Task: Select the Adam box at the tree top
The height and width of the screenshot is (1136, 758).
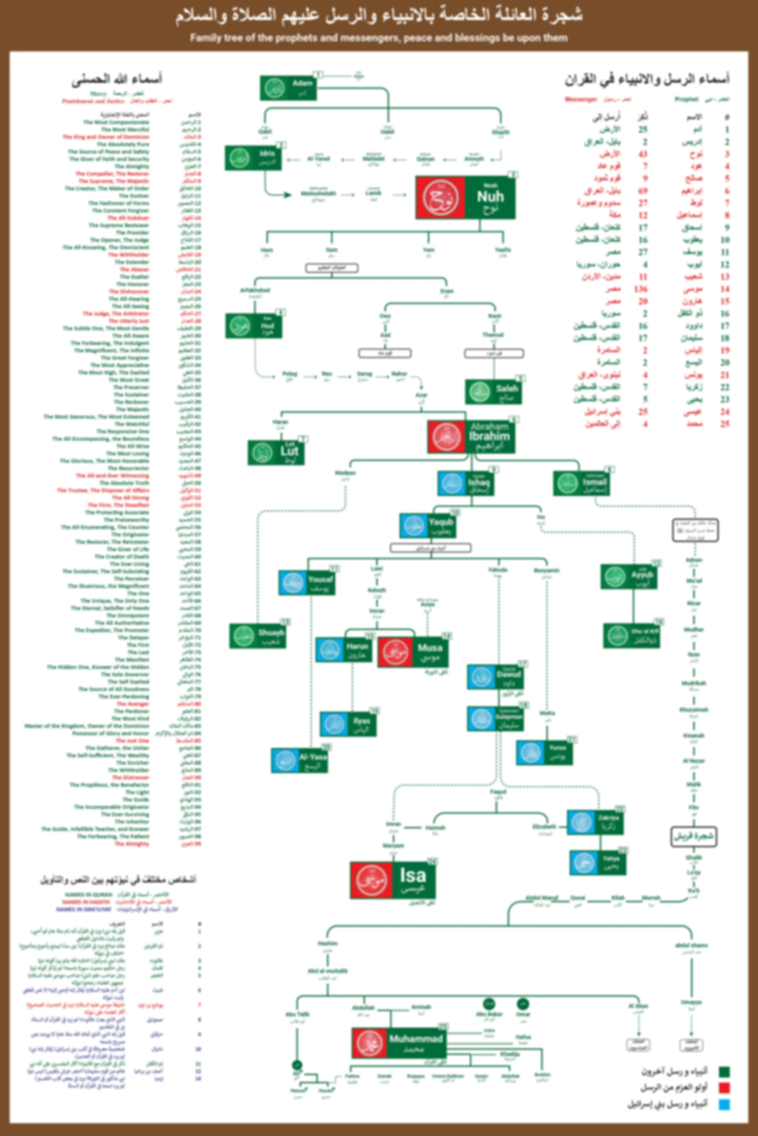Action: coord(288,88)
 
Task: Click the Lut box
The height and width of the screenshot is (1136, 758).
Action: coord(276,453)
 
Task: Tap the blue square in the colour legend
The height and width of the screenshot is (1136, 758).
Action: coord(724,1105)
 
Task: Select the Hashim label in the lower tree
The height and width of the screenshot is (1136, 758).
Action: coord(328,943)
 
